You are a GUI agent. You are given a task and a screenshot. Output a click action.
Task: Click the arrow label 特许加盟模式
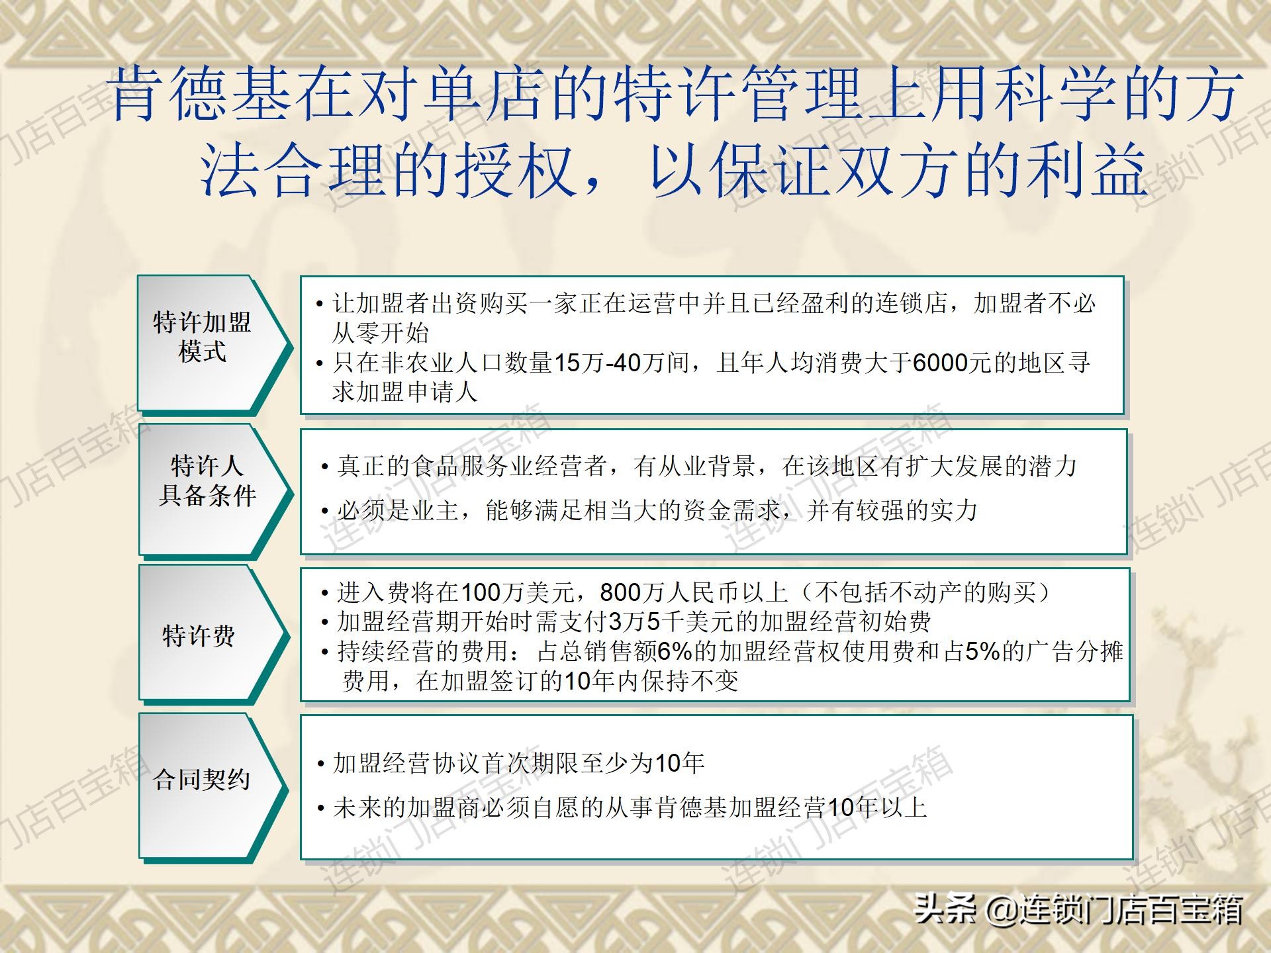[202, 337]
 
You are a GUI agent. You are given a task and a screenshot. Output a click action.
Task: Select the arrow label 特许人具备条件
[207, 480]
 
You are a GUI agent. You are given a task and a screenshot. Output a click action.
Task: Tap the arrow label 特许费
[199, 636]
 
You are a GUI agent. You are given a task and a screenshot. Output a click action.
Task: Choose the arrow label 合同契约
[201, 779]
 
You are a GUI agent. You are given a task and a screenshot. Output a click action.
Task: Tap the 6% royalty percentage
[674, 651]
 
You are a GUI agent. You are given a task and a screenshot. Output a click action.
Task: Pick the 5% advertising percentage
[982, 651]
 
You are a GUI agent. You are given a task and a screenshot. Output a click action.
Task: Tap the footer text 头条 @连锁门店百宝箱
[1079, 909]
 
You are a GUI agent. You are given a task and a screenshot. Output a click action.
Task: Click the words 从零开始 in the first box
[381, 333]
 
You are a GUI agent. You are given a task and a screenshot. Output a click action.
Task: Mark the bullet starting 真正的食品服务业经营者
[699, 467]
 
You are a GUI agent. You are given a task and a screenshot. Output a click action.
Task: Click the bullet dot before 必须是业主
[325, 512]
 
